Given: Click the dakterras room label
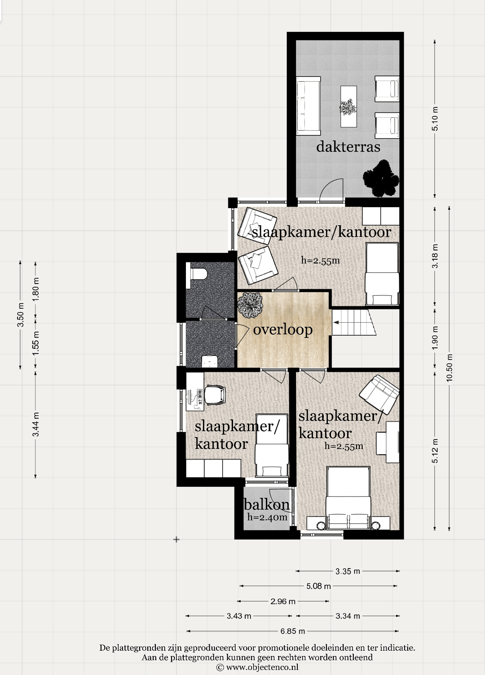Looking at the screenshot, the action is click(x=348, y=147).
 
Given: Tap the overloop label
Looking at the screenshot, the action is click(x=282, y=330).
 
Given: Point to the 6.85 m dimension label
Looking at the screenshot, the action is click(x=293, y=631).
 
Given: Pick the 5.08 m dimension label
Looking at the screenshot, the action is click(x=318, y=586).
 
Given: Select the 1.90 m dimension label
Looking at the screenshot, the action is click(x=435, y=338).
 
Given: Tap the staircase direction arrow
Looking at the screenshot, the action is click(x=336, y=322).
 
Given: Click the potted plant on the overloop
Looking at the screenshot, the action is click(x=250, y=305).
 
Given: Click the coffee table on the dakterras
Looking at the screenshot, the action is click(x=349, y=107).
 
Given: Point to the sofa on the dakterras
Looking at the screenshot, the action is click(x=309, y=106).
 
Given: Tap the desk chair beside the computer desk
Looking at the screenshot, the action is click(x=215, y=395).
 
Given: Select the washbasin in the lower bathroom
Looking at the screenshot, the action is click(x=210, y=361).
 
